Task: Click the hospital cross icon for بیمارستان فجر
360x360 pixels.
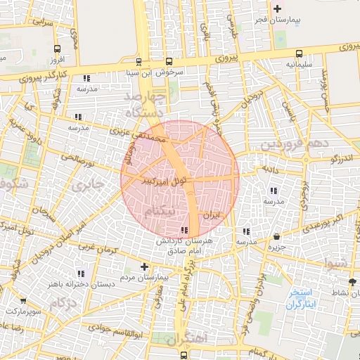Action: click(278, 9)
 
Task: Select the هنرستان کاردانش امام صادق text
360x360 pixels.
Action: click(185, 246)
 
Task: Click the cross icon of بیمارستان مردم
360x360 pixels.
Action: click(144, 266)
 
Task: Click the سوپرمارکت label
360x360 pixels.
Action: click(23, 310)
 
